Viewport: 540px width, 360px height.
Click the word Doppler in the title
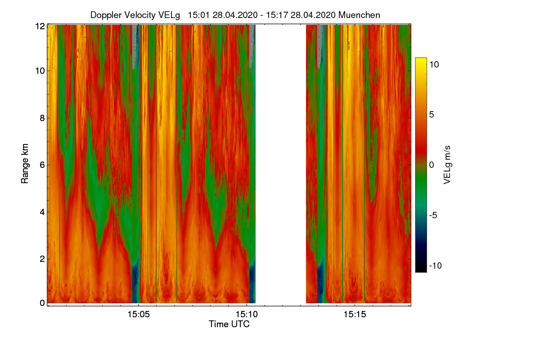tap(106, 15)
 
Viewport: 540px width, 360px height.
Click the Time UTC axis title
tap(229, 324)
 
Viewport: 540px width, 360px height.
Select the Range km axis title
tap(25, 164)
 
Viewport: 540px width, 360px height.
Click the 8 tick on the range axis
tap(42, 118)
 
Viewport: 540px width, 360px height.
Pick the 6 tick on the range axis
tap(42, 165)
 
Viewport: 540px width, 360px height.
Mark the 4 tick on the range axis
tap(42, 211)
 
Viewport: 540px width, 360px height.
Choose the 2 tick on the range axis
tap(42, 259)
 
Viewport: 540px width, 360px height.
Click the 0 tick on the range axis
tap(42, 303)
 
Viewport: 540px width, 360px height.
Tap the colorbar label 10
tap(434, 64)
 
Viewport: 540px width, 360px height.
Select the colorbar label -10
tap(435, 265)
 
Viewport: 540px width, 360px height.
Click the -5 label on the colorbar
tap(434, 215)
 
